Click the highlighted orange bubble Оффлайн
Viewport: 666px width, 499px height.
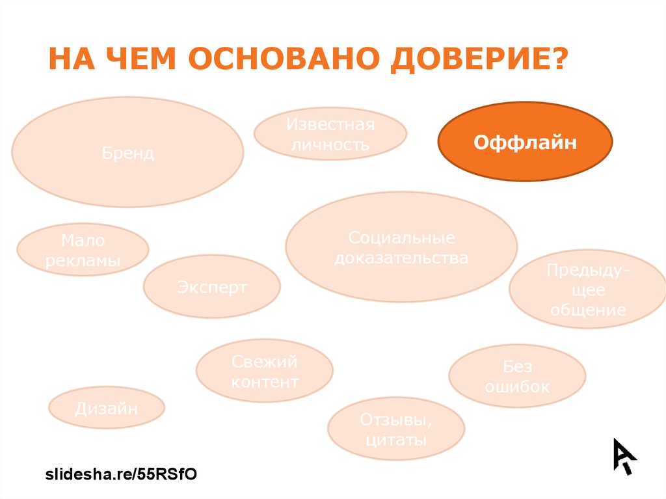525,142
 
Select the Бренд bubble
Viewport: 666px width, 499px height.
127,153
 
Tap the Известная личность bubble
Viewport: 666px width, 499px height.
330,134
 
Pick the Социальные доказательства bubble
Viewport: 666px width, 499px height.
401,247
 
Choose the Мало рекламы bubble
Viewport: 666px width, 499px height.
83,250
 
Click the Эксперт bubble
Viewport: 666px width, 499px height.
212,287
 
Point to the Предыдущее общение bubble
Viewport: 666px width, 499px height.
587,290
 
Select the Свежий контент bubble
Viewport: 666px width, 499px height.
264,371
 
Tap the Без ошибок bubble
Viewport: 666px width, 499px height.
517,376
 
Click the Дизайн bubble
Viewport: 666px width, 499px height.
107,408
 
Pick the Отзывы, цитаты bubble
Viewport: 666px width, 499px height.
395,429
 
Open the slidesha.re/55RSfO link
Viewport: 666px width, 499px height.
120,474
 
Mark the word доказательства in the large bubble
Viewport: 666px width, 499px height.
401,258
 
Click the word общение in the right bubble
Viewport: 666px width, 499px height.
588,310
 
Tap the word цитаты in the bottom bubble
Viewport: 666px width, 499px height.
395,440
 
